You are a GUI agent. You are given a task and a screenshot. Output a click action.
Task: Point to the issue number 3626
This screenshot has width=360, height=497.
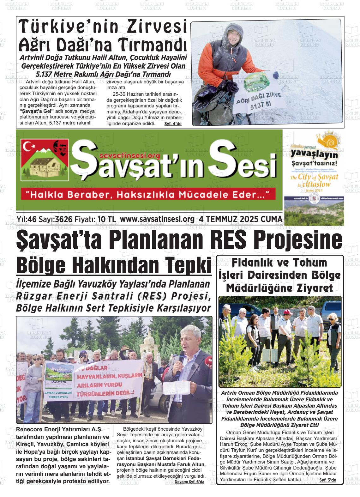pos(63,219)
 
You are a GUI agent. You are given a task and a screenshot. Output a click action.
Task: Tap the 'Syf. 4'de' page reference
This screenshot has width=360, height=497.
pos(173,124)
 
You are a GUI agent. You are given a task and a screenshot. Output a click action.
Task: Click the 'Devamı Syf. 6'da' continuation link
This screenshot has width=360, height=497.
pos(189,482)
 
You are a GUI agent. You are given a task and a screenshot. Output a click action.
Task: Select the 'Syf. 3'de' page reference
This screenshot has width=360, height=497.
pos(327,480)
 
